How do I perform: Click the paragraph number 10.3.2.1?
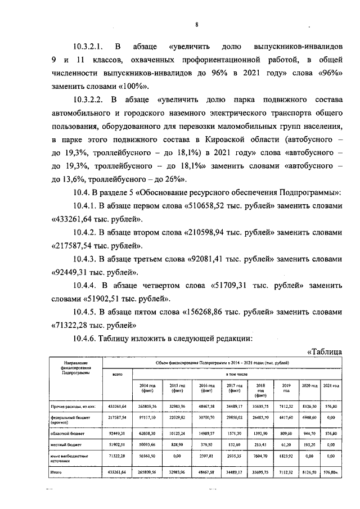[91, 46]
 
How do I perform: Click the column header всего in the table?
[118, 373]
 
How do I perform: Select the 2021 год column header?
[332, 385]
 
